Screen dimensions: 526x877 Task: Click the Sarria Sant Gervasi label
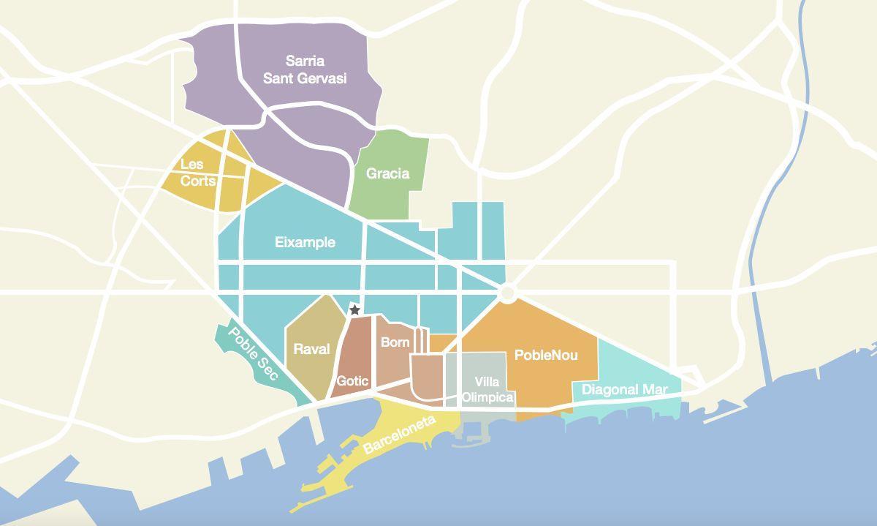[x=305, y=69]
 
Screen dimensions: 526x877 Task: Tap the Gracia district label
[x=387, y=173]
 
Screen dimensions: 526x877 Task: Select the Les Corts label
[x=197, y=173]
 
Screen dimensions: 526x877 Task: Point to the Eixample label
[x=305, y=242]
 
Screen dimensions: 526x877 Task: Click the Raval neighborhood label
[x=311, y=349]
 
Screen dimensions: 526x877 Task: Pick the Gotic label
[x=352, y=380]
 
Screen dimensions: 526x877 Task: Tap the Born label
[x=395, y=342]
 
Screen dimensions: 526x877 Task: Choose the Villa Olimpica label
[x=487, y=390]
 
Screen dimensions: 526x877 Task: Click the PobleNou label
[x=546, y=355]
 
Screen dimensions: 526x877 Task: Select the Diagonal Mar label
[x=624, y=390]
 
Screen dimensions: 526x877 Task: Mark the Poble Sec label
[x=253, y=353]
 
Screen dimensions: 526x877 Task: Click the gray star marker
[x=354, y=310]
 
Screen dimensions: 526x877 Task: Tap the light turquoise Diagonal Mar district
[x=636, y=369]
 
